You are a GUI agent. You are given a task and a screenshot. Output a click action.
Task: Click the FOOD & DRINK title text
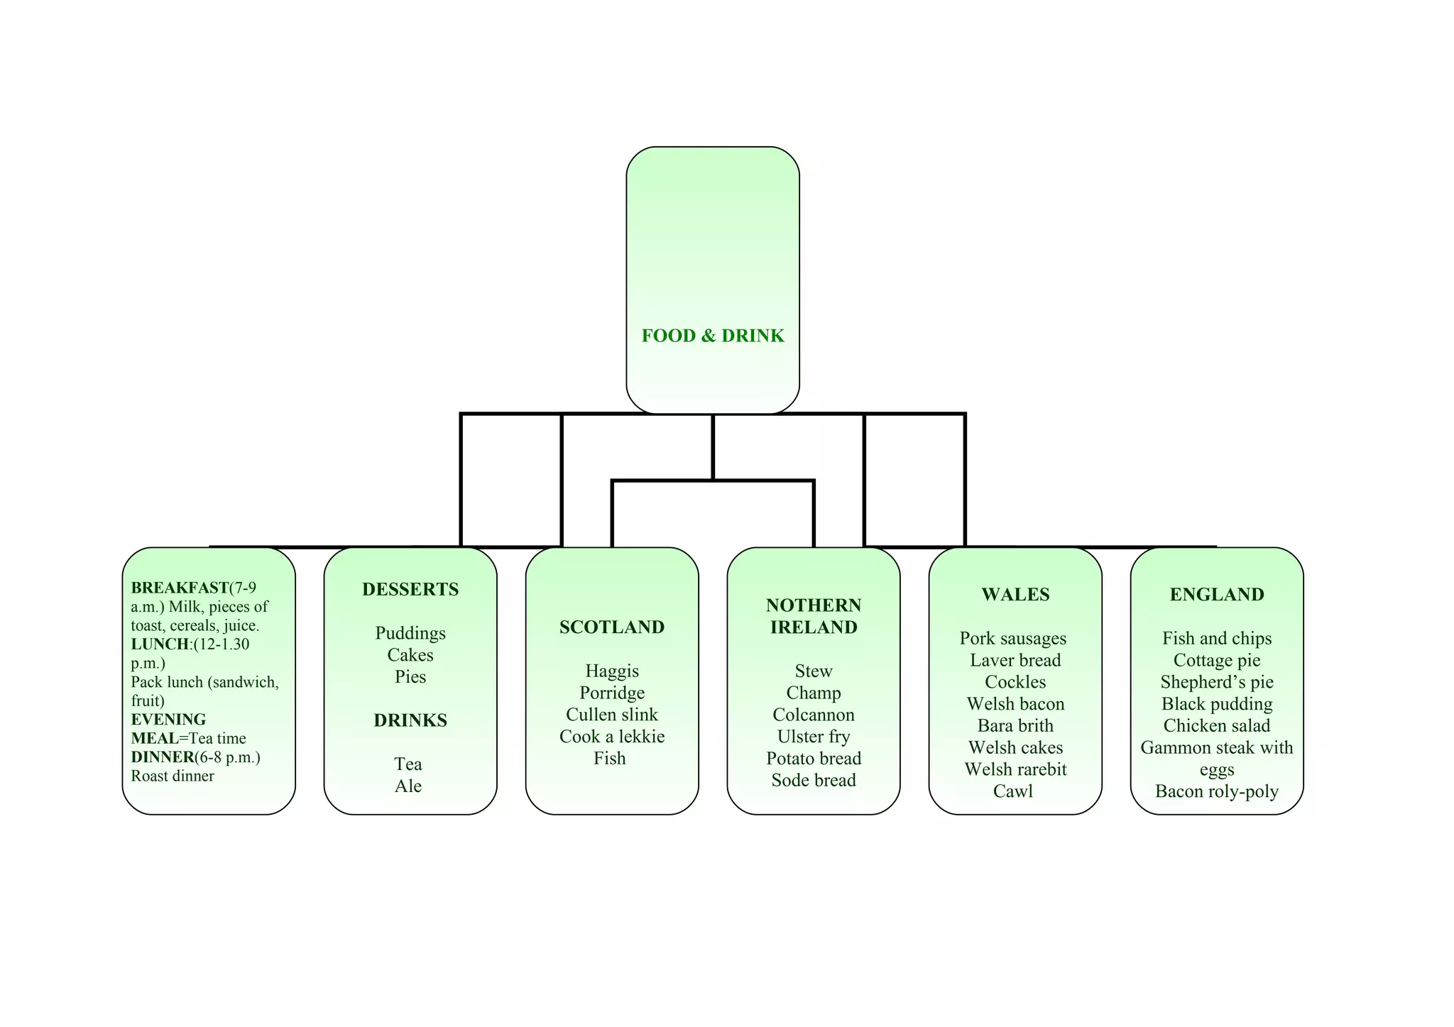click(x=713, y=336)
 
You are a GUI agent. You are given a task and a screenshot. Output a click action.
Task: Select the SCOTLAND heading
click(x=612, y=627)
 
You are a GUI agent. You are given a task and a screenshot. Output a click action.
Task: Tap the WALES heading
click(x=1015, y=595)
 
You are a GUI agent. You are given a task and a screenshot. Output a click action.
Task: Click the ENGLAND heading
click(x=1217, y=595)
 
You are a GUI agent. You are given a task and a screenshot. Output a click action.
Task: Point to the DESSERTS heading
click(x=410, y=589)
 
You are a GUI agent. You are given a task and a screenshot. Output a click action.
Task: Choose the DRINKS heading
click(x=410, y=720)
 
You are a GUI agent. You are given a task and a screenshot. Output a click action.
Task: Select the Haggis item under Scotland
click(x=612, y=671)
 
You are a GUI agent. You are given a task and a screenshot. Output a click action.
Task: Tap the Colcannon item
click(x=814, y=715)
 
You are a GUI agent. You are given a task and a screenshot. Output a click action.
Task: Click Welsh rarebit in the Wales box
click(x=1015, y=769)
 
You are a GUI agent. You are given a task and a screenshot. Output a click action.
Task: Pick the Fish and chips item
click(x=1217, y=639)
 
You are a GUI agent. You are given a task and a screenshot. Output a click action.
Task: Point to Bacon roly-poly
click(x=1217, y=791)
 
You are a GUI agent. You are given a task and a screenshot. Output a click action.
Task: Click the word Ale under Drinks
click(x=408, y=786)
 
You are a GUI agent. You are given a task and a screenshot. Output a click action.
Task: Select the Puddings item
click(x=410, y=633)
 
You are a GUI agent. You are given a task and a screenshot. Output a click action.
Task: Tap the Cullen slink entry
click(x=612, y=715)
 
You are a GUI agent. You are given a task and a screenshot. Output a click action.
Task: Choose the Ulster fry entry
click(x=814, y=737)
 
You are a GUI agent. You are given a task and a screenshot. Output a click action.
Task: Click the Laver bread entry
click(x=1015, y=660)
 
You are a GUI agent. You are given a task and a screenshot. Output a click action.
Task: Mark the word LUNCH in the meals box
click(x=160, y=644)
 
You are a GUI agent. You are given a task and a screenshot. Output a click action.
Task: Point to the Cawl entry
click(x=1013, y=791)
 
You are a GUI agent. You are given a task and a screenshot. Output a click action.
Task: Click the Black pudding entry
click(x=1217, y=704)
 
